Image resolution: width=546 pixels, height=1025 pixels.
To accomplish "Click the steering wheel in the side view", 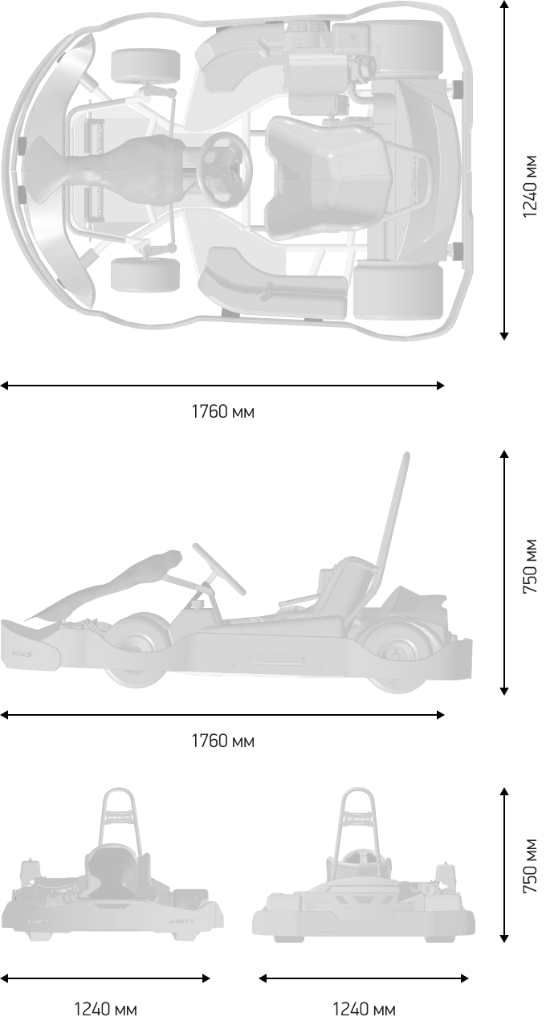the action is (x=218, y=569).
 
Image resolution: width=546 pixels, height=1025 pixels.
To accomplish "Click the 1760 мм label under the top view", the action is (x=222, y=412).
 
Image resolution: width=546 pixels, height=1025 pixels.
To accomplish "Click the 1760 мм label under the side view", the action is (x=222, y=741).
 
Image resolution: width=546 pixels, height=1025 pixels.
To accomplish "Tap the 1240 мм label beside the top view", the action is (x=529, y=186).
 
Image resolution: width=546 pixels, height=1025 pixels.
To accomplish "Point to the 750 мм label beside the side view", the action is (x=529, y=566).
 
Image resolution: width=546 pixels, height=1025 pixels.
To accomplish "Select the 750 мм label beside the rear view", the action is (x=529, y=865).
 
